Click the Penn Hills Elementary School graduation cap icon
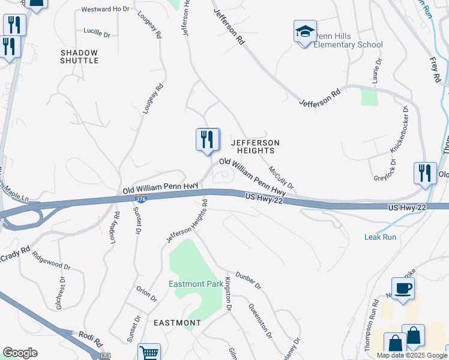(304, 31)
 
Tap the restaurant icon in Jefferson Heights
(207, 140)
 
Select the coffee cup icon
(402, 289)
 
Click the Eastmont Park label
(196, 284)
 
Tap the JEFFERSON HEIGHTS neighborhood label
(256, 146)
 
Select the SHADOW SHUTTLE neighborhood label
(80, 56)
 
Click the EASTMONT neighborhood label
(177, 323)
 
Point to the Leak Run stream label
(380, 237)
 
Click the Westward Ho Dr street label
(105, 9)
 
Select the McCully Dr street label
(281, 176)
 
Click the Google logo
(20, 353)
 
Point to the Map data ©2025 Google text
(411, 355)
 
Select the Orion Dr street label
(146, 294)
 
